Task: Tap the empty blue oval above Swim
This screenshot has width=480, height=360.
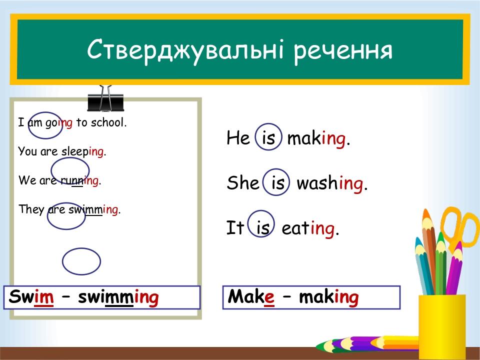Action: [81, 261]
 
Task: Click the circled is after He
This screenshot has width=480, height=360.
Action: [268, 138]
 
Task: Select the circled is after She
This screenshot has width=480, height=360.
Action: [277, 183]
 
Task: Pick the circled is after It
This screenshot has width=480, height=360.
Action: [262, 228]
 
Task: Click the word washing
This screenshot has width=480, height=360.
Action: [331, 183]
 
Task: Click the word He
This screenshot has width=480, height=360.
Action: [238, 138]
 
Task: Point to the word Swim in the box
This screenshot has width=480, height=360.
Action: [31, 297]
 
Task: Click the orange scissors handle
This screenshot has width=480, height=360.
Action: [460, 227]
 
